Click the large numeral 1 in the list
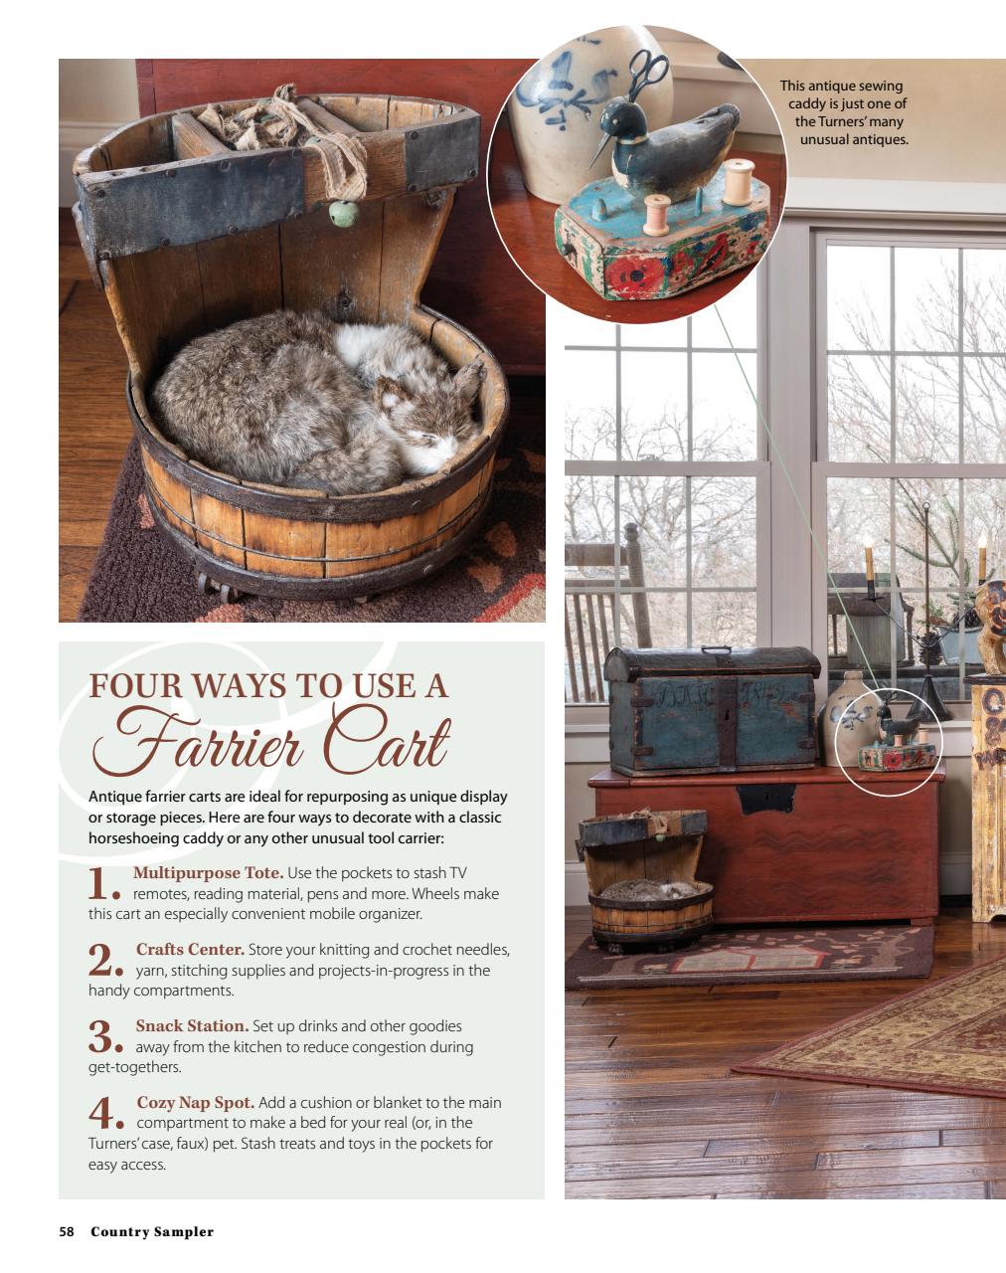pyautogui.click(x=98, y=883)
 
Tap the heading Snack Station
pyautogui.click(x=192, y=1025)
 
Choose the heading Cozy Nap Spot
pyautogui.click(x=195, y=1102)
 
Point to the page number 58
pyautogui.click(x=67, y=1231)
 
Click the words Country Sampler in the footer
pyautogui.click(x=152, y=1231)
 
